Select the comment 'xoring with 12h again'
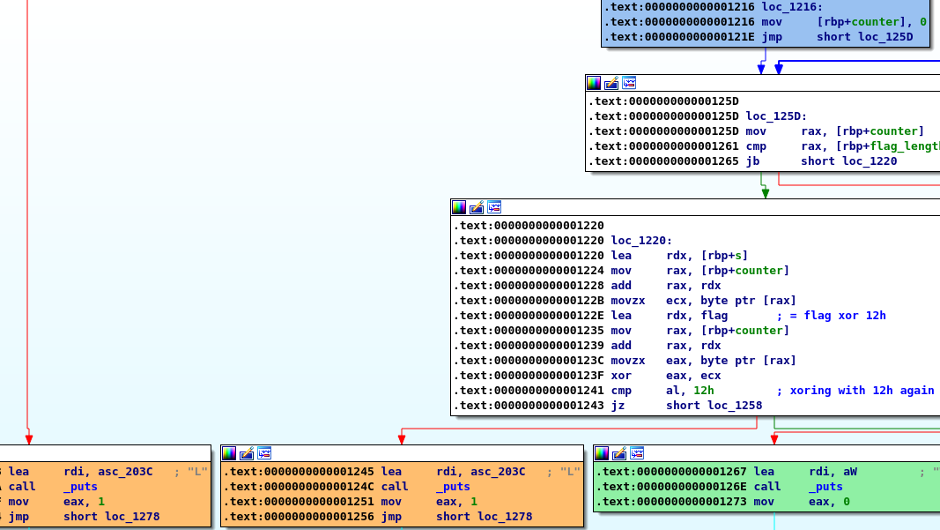(862, 390)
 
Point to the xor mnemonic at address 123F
(621, 375)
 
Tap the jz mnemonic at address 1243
(618, 405)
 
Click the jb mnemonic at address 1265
(752, 160)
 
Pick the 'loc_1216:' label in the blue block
(793, 6)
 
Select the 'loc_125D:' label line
(776, 116)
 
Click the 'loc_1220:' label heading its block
(641, 240)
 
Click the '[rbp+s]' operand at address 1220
(724, 255)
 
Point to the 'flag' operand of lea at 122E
(714, 315)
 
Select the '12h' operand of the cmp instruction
(704, 390)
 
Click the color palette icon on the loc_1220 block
(459, 207)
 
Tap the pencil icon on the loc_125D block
(611, 83)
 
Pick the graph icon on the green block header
(637, 453)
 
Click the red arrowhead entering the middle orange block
(402, 439)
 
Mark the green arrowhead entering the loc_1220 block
(765, 192)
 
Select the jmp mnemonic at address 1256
(391, 516)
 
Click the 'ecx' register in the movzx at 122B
(677, 300)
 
